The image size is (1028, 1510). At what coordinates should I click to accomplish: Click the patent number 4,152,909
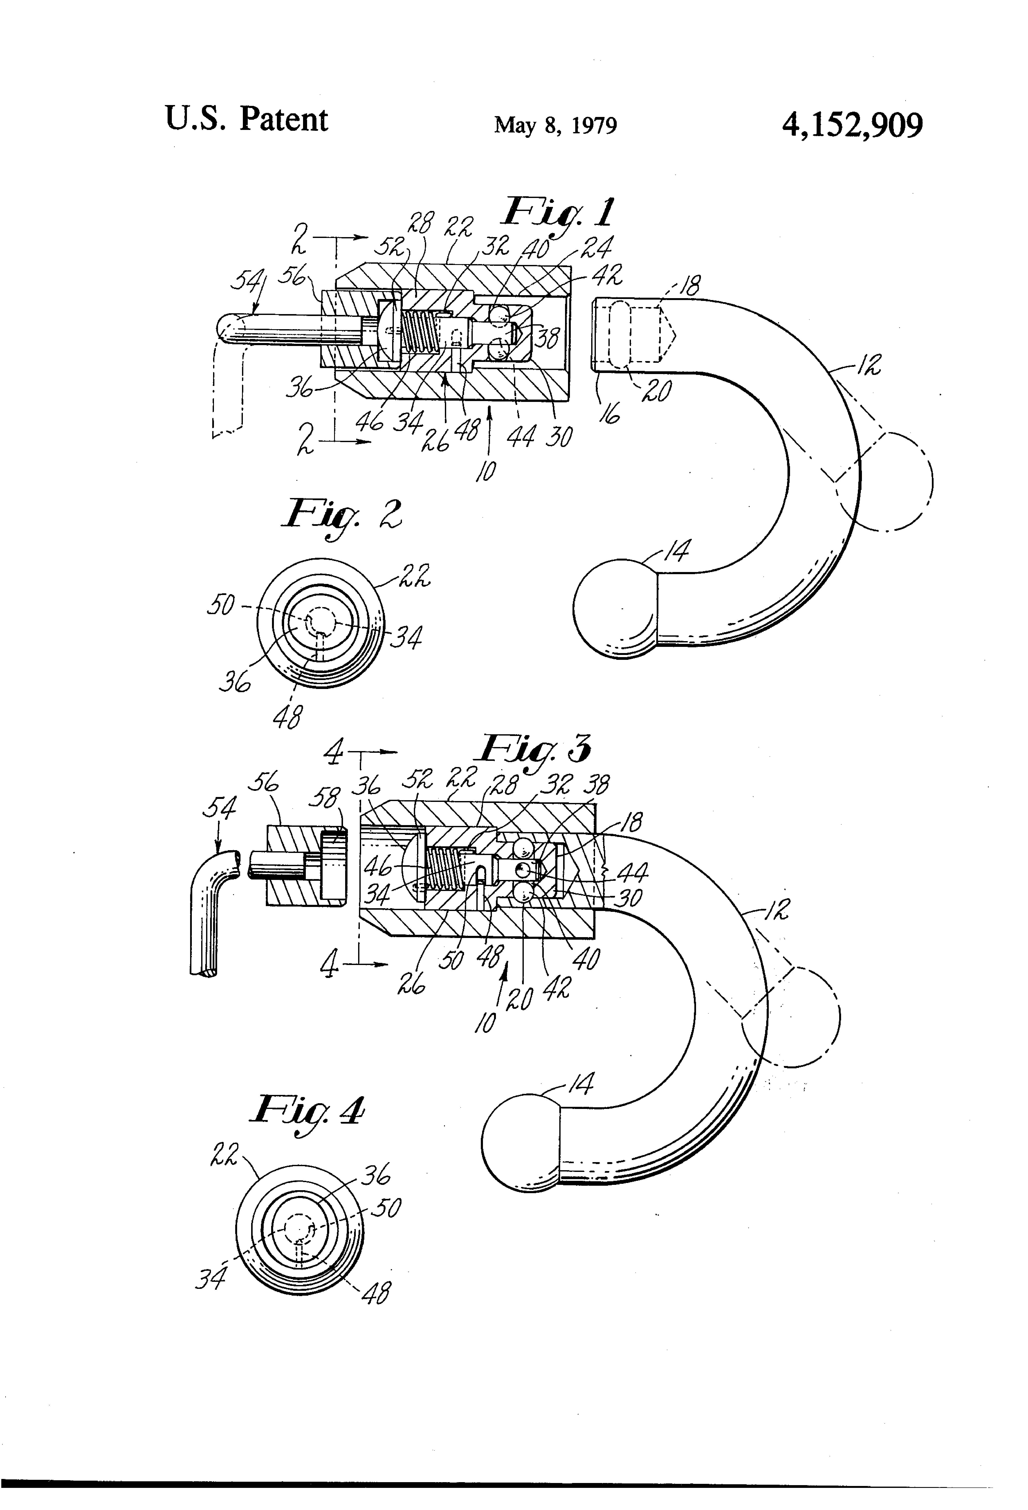[x=852, y=125]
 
